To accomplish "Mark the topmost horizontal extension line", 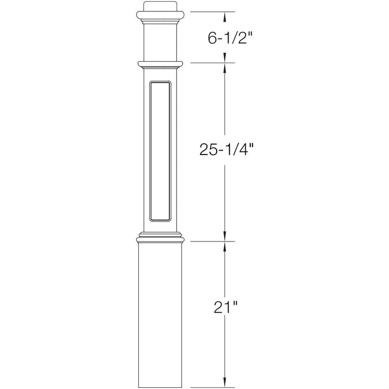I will (211, 11).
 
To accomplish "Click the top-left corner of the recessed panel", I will (150, 83).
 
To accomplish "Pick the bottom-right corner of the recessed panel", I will (172, 220).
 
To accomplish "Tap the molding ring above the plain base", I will (161, 238).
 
